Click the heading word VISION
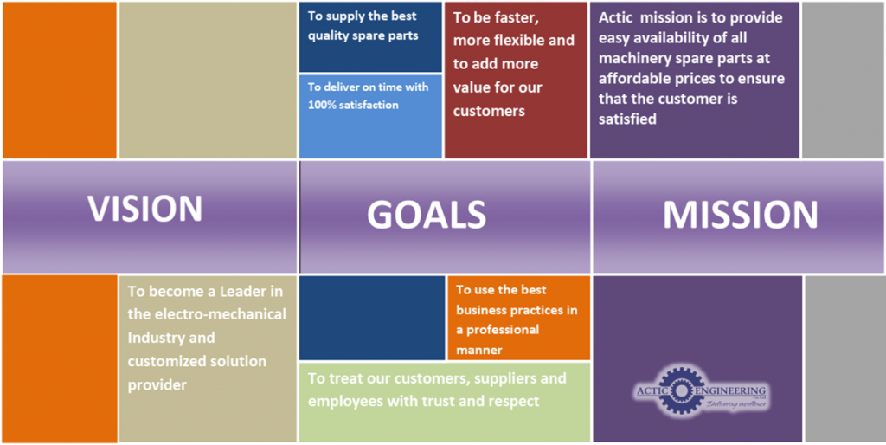(x=144, y=208)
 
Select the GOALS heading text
(x=427, y=215)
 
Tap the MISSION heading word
(x=741, y=215)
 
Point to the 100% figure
(x=322, y=105)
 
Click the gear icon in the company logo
(x=682, y=390)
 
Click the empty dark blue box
(x=372, y=318)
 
